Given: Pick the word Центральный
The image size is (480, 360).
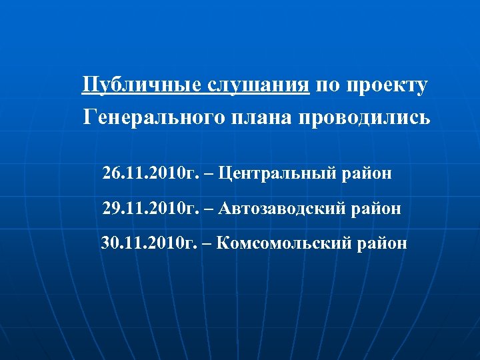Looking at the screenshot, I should pos(278,175).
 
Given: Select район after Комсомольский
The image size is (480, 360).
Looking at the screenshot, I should pos(382,243).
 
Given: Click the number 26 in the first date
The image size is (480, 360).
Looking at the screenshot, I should pos(111,175).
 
